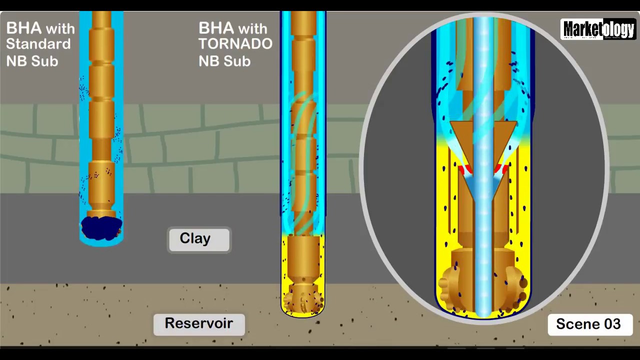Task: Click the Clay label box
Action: click(199, 239)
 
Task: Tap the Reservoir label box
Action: click(199, 324)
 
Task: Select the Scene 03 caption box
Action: click(589, 324)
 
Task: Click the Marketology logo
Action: click(598, 29)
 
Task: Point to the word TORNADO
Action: click(235, 44)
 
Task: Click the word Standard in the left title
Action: click(38, 44)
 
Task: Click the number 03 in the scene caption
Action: click(610, 324)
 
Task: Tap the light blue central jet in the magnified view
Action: click(483, 225)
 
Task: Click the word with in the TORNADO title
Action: click(252, 28)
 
